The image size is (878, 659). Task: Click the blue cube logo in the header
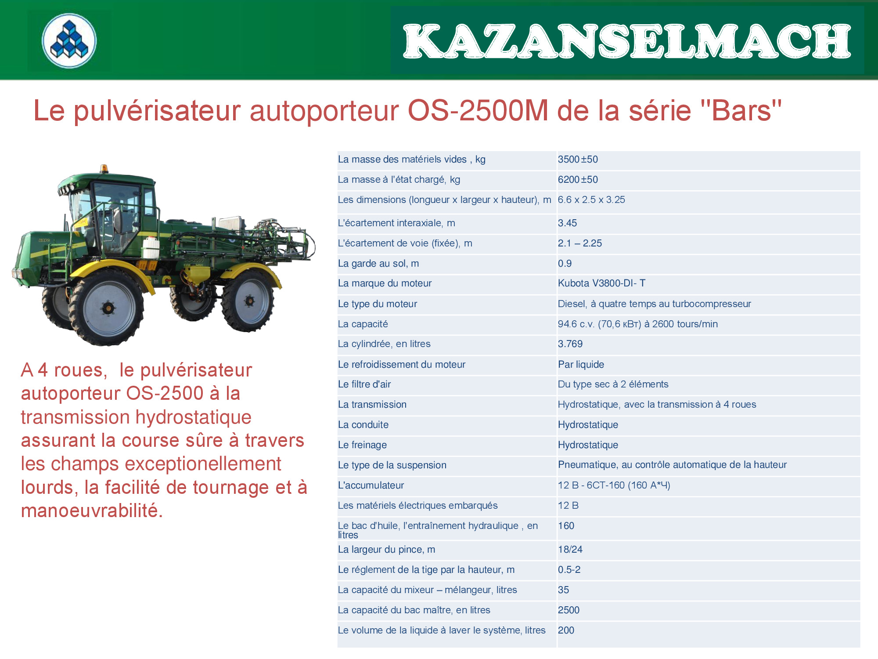point(69,40)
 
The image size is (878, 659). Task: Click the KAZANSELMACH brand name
point(627,41)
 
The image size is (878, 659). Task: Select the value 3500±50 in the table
point(578,159)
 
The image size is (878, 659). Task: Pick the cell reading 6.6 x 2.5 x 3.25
point(591,200)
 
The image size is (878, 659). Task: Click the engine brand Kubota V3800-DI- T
point(601,283)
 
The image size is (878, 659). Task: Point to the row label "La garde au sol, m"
point(378,264)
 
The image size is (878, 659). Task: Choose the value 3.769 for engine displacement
point(570,344)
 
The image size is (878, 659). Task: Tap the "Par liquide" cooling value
point(581,365)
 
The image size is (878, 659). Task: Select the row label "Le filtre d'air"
point(364,384)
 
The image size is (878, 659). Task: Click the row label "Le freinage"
point(362,445)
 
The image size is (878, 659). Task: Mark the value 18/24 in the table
point(570,550)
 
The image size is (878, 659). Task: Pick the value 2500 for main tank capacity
point(569,610)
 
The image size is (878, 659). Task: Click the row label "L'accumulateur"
point(371,485)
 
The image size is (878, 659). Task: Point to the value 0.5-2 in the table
point(569,570)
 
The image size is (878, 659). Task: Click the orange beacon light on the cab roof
point(104,169)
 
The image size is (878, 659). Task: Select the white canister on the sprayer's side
point(151,247)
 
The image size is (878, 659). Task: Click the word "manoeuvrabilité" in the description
point(92,511)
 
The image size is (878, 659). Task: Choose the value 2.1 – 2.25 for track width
point(580,243)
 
